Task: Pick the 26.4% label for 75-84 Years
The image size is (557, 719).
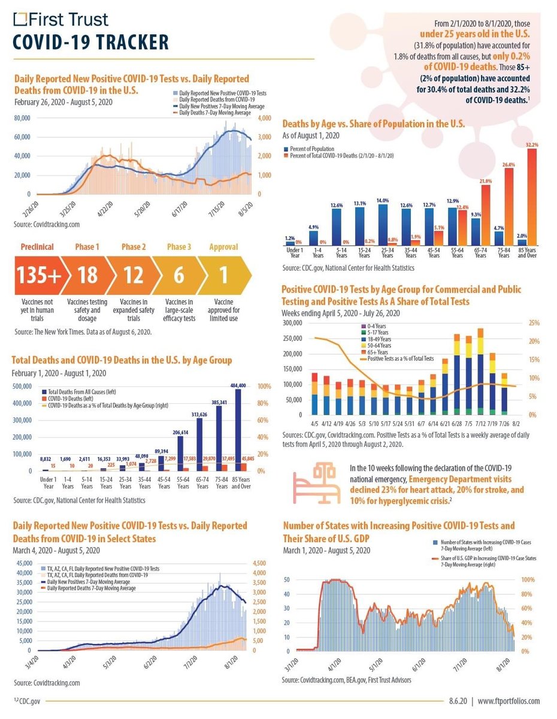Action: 509,165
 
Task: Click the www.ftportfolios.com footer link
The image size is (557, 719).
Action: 508,700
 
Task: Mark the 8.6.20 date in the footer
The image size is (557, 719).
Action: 458,700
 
